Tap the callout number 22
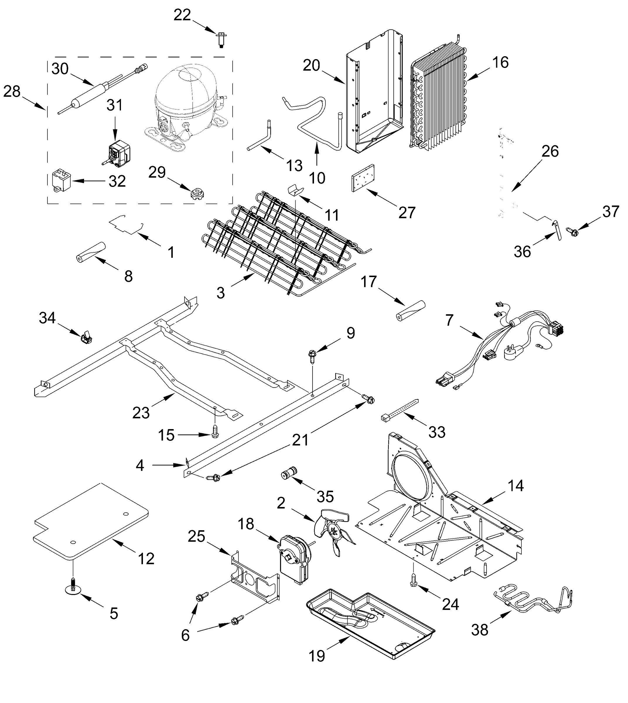point(182,15)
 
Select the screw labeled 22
point(221,39)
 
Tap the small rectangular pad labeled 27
point(363,178)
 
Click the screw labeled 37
point(571,231)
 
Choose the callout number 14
point(516,486)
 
